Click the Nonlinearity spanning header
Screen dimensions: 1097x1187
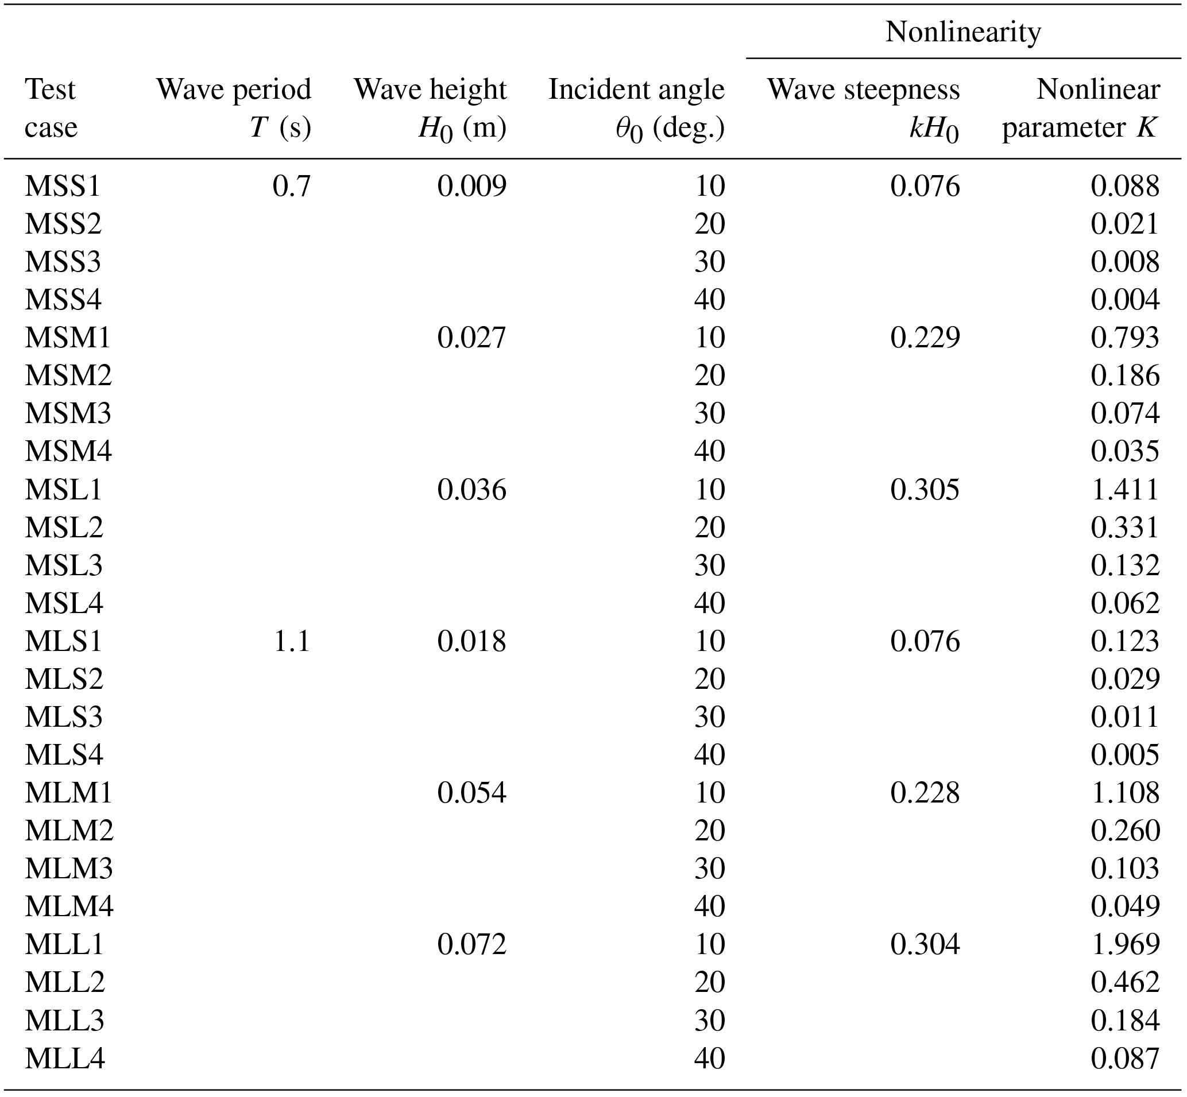pyautogui.click(x=962, y=32)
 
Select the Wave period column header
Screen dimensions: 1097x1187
pyautogui.click(x=233, y=108)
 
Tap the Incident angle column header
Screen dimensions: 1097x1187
pyautogui.click(x=636, y=108)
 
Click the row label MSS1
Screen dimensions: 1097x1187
pyautogui.click(x=63, y=187)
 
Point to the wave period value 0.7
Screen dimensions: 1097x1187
pyautogui.click(x=292, y=187)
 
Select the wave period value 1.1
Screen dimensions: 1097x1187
pyautogui.click(x=292, y=642)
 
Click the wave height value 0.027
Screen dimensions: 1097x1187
pyautogui.click(x=471, y=338)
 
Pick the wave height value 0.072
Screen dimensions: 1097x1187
pyautogui.click(x=471, y=944)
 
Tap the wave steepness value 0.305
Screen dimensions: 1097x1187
pyautogui.click(x=925, y=490)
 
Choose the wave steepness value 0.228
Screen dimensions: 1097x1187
pyautogui.click(x=925, y=793)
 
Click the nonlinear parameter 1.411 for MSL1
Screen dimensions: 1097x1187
pyautogui.click(x=1124, y=490)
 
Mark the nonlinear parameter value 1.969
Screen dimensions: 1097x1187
pyautogui.click(x=1124, y=944)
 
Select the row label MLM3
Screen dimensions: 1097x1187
pyautogui.click(x=68, y=869)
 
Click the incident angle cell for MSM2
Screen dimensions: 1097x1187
pyautogui.click(x=710, y=376)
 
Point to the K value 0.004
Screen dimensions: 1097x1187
pyautogui.click(x=1124, y=300)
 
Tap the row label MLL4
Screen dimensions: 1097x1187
pyautogui.click(x=65, y=1059)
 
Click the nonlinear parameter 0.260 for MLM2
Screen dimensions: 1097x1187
pyautogui.click(x=1124, y=831)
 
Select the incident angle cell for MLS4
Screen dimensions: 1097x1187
pyautogui.click(x=710, y=755)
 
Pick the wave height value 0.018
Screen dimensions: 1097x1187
pyautogui.click(x=471, y=642)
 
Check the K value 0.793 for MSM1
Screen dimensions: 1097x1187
pyautogui.click(x=1124, y=338)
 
